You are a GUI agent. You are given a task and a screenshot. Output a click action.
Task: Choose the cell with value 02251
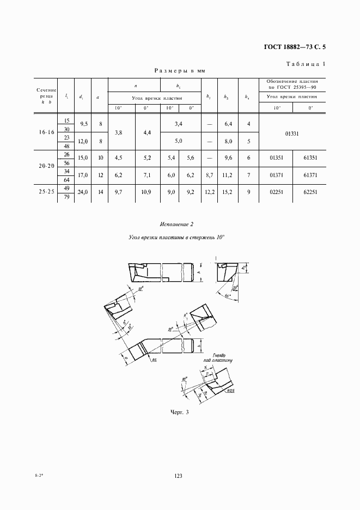coord(277,192)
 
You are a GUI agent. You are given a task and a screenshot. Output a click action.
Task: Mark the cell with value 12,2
coord(209,192)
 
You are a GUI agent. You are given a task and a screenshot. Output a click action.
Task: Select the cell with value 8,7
coord(209,175)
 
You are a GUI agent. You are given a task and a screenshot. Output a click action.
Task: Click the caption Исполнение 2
coord(177,224)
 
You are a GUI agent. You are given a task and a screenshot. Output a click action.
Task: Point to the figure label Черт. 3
coord(179,412)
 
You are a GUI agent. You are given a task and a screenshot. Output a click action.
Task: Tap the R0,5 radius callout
coord(231,391)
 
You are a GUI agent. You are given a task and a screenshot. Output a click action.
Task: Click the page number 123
coord(178,476)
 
